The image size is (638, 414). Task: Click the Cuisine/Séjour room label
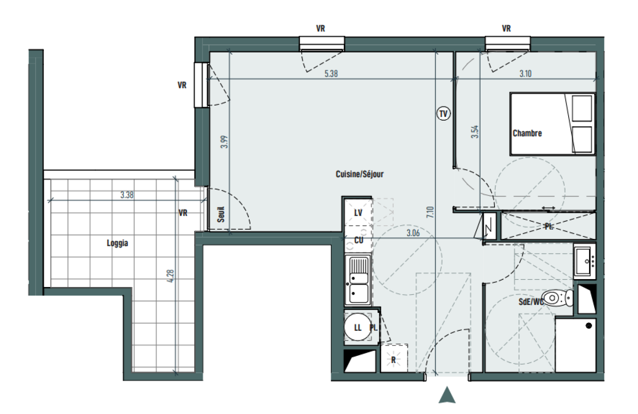pyautogui.click(x=359, y=174)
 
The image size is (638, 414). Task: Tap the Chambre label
pyautogui.click(x=527, y=133)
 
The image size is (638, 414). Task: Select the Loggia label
pyautogui.click(x=117, y=243)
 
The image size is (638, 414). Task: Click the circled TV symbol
pyautogui.click(x=443, y=114)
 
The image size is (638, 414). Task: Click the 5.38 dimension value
pyautogui.click(x=331, y=74)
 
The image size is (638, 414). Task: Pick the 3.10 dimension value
pyautogui.click(x=526, y=74)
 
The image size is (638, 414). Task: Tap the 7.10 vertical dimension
pyautogui.click(x=430, y=212)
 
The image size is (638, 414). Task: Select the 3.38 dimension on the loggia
pyautogui.click(x=127, y=195)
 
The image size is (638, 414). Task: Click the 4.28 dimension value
pyautogui.click(x=171, y=276)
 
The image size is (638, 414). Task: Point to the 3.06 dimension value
pyautogui.click(x=413, y=233)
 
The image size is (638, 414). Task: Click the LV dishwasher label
pyautogui.click(x=358, y=213)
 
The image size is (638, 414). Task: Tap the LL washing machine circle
pyautogui.click(x=358, y=327)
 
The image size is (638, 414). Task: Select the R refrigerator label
pyautogui.click(x=394, y=360)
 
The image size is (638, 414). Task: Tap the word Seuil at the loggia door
pyautogui.click(x=221, y=215)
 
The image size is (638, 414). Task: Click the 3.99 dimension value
pyautogui.click(x=225, y=142)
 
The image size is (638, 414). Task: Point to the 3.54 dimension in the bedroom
pyautogui.click(x=475, y=132)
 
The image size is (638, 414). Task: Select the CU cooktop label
pyautogui.click(x=358, y=240)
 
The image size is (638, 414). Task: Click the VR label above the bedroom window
pyautogui.click(x=506, y=28)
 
